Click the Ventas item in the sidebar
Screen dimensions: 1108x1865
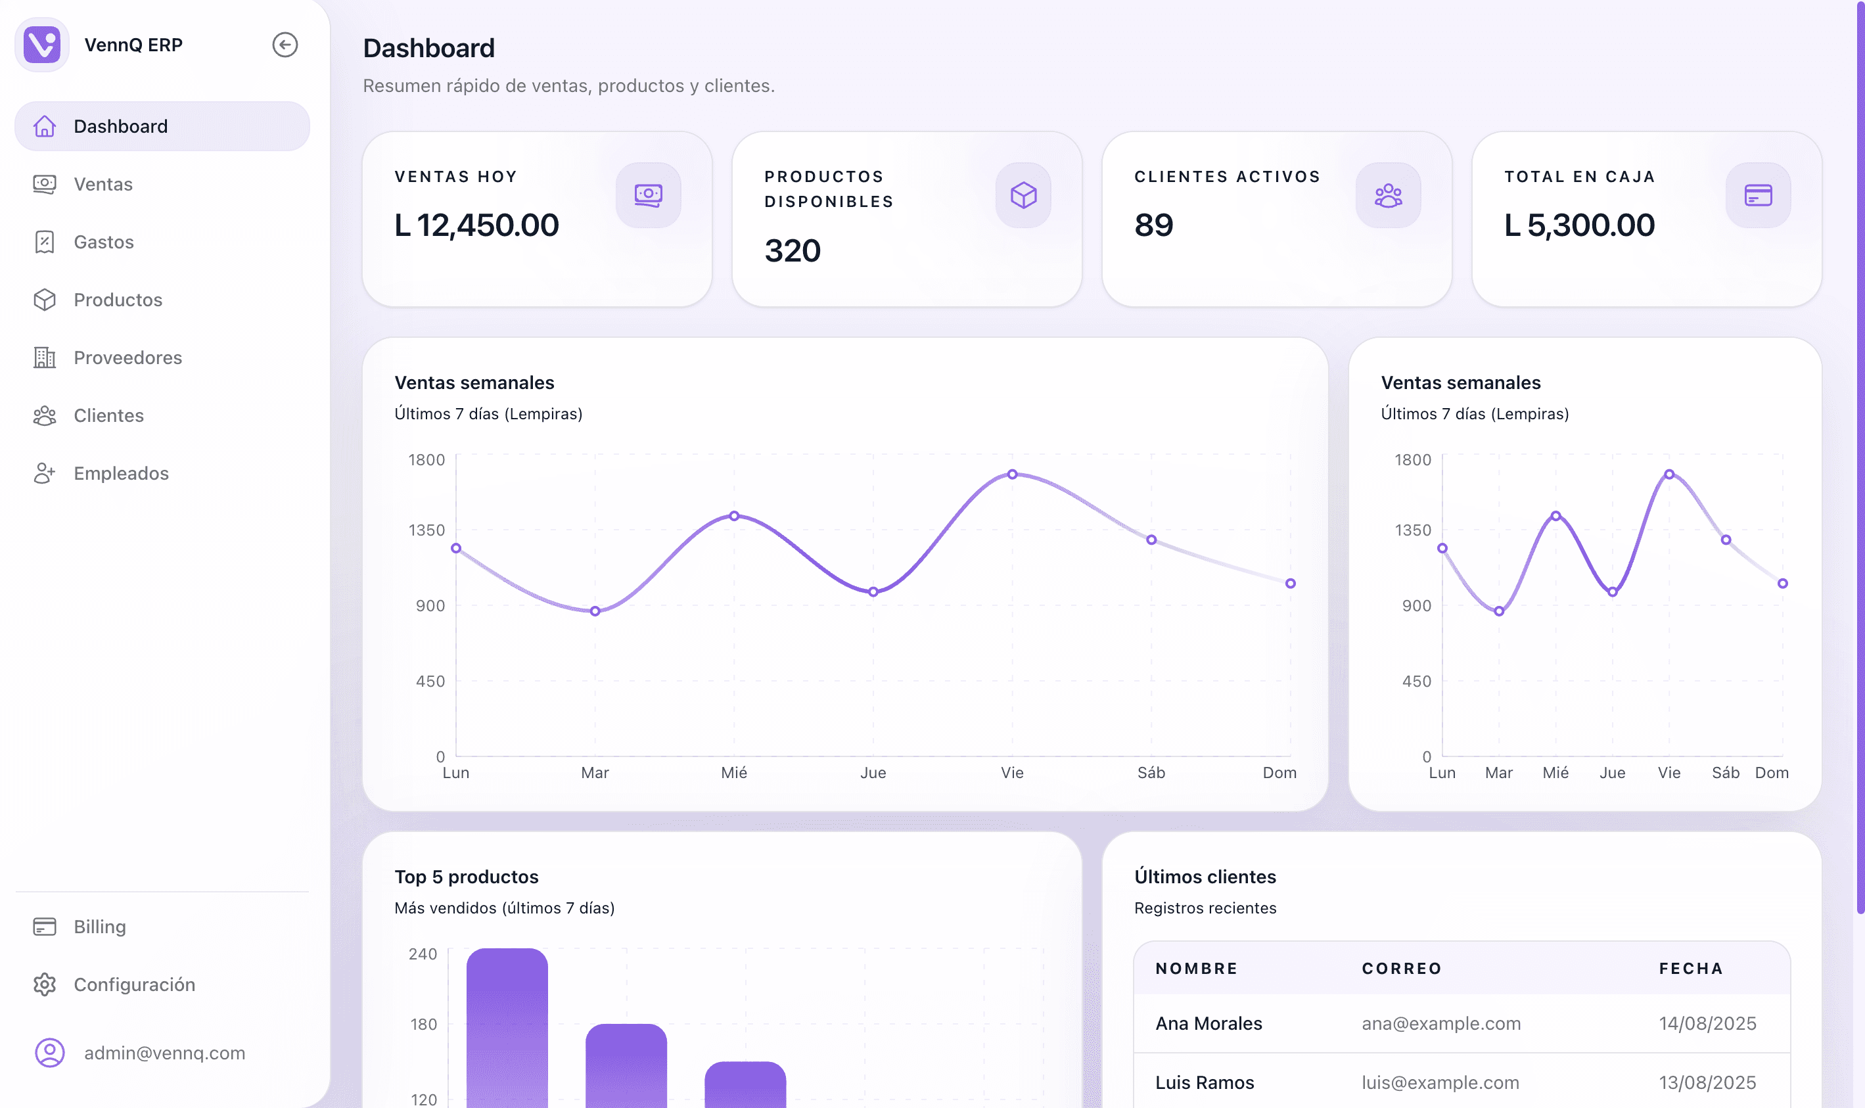[x=103, y=185]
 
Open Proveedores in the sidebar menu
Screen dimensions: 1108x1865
[x=127, y=358]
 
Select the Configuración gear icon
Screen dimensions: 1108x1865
[x=45, y=985]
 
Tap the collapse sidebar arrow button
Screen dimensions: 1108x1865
[x=285, y=45]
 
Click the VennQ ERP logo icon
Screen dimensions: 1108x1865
[x=42, y=45]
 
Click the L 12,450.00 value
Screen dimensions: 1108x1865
[x=476, y=225]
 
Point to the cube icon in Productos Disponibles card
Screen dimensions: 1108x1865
[x=1023, y=196]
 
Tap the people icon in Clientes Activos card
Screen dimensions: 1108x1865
[x=1388, y=196]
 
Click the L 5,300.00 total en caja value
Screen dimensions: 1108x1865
[x=1579, y=225]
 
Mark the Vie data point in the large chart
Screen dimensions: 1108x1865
[x=1013, y=474]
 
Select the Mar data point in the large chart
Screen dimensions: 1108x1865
[x=595, y=611]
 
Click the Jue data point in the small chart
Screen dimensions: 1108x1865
[x=1613, y=592]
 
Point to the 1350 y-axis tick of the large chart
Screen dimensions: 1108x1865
[x=426, y=530]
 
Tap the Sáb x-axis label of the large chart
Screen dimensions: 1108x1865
[x=1151, y=773]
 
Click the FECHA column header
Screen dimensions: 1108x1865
[x=1691, y=969]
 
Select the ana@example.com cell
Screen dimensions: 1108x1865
[x=1441, y=1024]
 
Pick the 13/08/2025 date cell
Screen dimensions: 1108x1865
[x=1707, y=1082]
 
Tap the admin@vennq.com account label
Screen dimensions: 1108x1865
[x=164, y=1053]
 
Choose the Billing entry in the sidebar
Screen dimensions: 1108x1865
[x=99, y=927]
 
